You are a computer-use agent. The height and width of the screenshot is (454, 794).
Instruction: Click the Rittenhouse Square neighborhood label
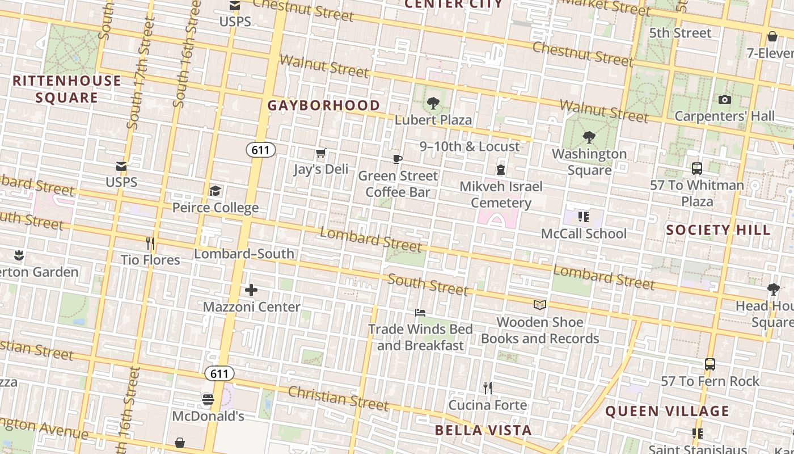click(x=67, y=89)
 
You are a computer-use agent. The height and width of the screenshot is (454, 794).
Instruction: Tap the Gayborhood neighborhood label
click(x=324, y=106)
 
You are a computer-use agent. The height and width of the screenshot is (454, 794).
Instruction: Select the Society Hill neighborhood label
click(x=718, y=230)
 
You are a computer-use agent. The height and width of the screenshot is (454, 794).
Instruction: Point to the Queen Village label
click(x=667, y=411)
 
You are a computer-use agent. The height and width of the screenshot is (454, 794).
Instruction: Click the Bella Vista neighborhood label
click(x=483, y=430)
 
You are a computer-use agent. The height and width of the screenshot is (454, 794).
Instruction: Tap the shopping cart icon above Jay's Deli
click(x=320, y=153)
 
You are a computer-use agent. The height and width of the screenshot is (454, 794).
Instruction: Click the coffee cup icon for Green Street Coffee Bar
click(x=398, y=159)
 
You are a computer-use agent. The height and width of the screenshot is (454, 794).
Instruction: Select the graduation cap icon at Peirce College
click(x=215, y=191)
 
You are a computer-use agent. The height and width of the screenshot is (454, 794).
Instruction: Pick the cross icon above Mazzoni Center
click(x=251, y=291)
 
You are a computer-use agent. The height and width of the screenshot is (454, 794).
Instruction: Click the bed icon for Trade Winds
click(x=420, y=313)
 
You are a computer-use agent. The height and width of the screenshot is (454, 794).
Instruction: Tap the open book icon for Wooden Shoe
click(x=540, y=306)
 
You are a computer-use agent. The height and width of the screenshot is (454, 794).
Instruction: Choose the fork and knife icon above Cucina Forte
click(x=488, y=388)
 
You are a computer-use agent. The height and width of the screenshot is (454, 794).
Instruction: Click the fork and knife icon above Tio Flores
click(x=150, y=243)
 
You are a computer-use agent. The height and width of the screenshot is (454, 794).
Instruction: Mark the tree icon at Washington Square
click(x=589, y=137)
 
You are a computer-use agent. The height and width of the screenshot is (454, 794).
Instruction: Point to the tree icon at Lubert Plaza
click(x=433, y=103)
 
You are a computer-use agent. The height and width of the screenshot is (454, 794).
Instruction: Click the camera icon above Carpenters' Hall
click(x=724, y=100)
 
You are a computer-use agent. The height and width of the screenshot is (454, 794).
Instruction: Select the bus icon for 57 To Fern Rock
click(x=709, y=364)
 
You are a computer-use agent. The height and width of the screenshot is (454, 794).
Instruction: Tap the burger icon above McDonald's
click(x=208, y=400)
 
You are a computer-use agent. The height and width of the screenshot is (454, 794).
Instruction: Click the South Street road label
click(x=428, y=285)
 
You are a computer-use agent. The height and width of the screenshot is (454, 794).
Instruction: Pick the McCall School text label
click(x=584, y=234)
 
